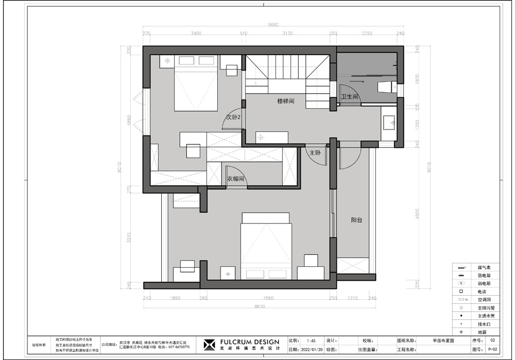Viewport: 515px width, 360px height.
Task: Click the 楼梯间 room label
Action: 285,101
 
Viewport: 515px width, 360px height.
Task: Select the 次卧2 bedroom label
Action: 233,117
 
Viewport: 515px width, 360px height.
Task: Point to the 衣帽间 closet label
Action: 235,179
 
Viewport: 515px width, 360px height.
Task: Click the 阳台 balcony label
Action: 356,220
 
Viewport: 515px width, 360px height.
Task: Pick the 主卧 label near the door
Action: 315,153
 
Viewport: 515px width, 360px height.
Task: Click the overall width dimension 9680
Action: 273,24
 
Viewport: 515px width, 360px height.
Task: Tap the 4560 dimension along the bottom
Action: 268,298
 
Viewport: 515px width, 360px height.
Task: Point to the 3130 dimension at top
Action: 287,33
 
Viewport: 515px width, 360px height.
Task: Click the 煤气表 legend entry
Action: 484,267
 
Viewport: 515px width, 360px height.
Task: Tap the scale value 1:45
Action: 311,341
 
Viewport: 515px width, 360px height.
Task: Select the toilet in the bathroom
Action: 385,87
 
